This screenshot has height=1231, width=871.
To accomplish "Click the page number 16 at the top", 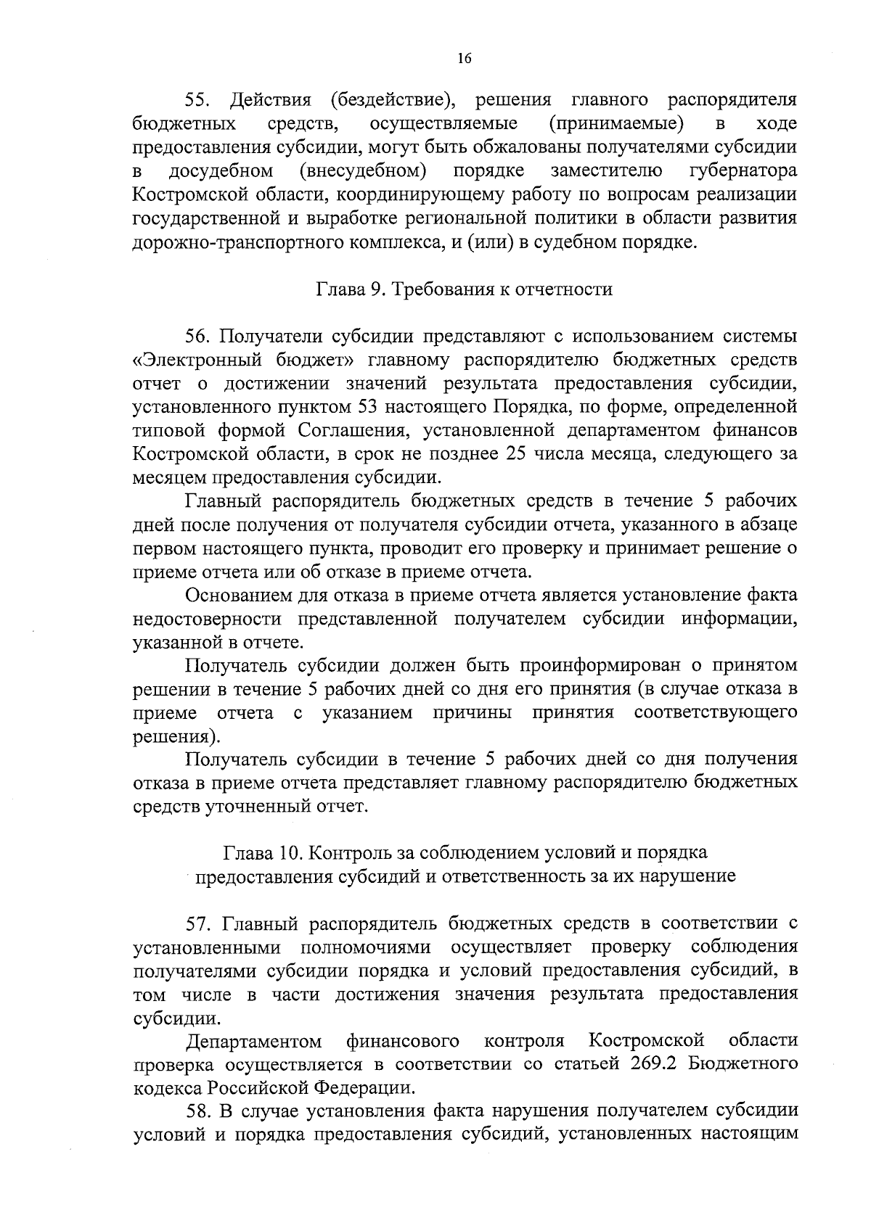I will point(465,59).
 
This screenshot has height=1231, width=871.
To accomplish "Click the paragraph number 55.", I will point(199,100).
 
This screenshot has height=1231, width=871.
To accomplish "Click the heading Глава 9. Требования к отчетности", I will point(465,290).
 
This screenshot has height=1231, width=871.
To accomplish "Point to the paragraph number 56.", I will point(199,337).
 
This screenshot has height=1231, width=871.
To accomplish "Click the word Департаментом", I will point(254,1042).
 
